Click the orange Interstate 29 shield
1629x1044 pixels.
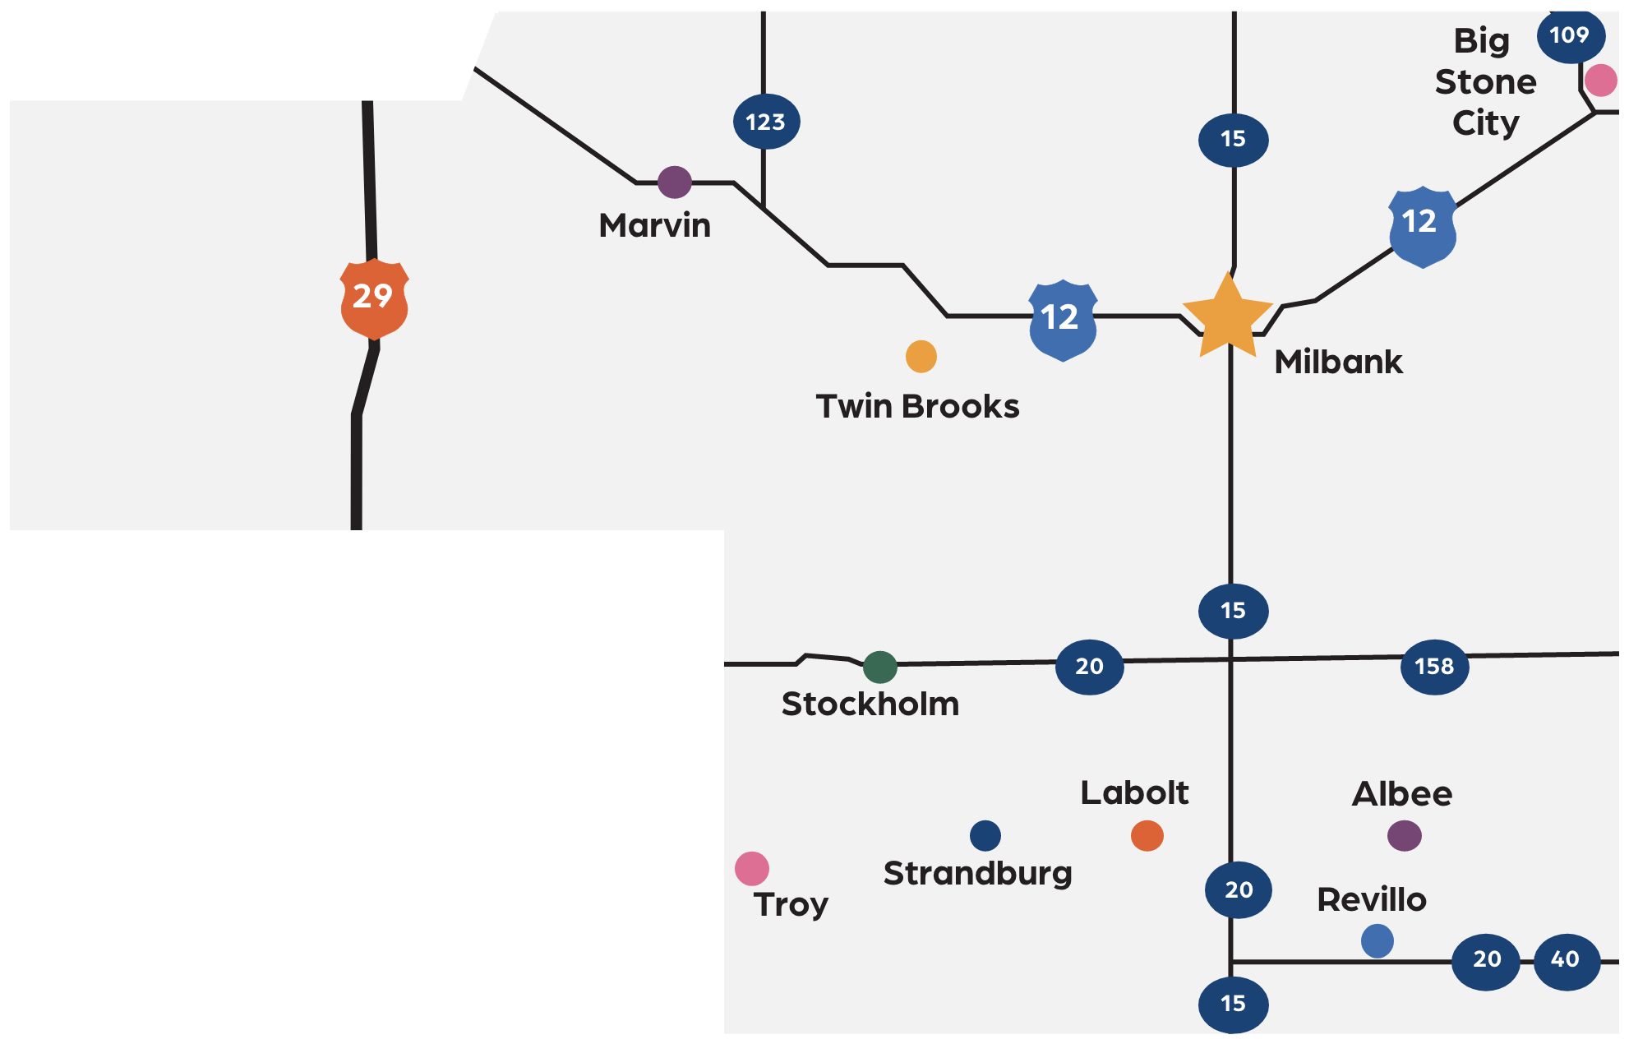374,298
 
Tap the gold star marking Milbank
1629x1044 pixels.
1227,318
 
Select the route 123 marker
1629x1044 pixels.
766,122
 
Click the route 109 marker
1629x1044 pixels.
1570,35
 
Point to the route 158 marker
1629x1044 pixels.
1434,667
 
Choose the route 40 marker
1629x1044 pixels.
1566,960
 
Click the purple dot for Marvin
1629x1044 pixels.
675,182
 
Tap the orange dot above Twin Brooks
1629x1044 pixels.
921,356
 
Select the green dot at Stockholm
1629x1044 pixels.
880,667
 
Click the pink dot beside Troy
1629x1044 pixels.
752,868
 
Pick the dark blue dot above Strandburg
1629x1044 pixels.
985,835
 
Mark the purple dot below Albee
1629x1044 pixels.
1404,836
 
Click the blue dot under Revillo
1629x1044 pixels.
1377,941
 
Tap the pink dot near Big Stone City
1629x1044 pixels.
1600,81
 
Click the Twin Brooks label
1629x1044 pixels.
917,407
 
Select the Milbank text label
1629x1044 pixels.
1338,363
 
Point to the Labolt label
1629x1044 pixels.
1134,793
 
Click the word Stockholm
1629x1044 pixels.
870,704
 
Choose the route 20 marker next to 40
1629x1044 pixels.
1486,960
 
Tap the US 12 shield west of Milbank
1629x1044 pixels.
1062,319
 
